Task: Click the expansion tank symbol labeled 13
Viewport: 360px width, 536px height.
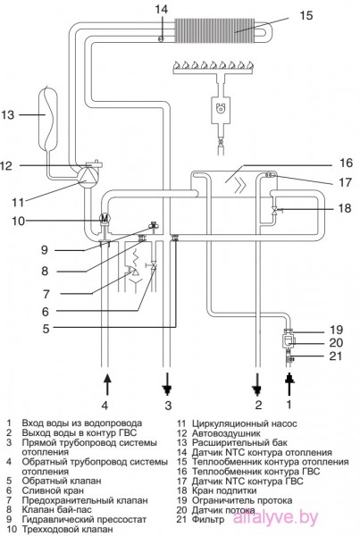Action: pyautogui.click(x=49, y=118)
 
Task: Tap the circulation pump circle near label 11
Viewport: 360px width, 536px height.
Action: pyautogui.click(x=86, y=177)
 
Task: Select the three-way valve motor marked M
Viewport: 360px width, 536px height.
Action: pyautogui.click(x=105, y=218)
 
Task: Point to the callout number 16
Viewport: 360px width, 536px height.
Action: pyautogui.click(x=345, y=163)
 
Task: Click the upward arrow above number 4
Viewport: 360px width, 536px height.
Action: pyautogui.click(x=107, y=384)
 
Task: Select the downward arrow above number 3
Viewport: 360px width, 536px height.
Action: pyautogui.click(x=168, y=384)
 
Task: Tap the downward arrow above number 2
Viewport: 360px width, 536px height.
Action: pyautogui.click(x=257, y=384)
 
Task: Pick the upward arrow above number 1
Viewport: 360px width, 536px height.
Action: pyautogui.click(x=289, y=384)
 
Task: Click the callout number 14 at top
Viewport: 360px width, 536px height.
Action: pyautogui.click(x=161, y=9)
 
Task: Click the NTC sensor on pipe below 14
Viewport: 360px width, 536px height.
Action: pyautogui.click(x=161, y=38)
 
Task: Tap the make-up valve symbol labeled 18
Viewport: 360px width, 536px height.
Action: pyautogui.click(x=274, y=210)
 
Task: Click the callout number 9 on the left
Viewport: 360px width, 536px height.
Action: pyautogui.click(x=45, y=250)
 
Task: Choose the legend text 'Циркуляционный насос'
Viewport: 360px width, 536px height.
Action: pyautogui.click(x=244, y=423)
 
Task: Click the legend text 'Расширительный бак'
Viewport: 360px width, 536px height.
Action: pyautogui.click(x=239, y=443)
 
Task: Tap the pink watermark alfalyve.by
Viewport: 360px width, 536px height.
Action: pyautogui.click(x=275, y=517)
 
